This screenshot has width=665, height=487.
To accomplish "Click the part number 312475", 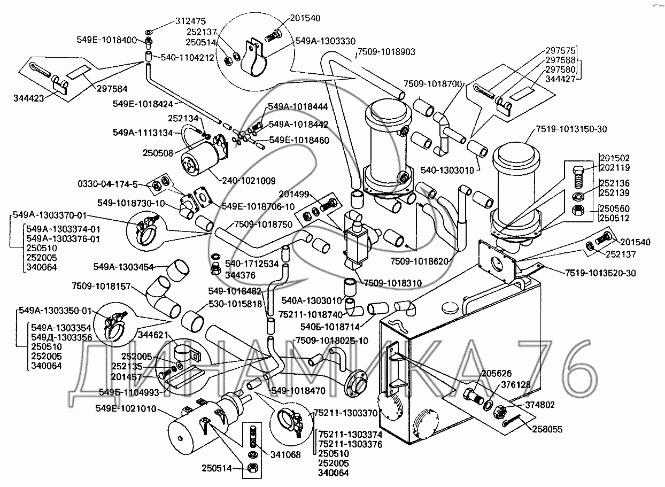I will pyautogui.click(x=191, y=21).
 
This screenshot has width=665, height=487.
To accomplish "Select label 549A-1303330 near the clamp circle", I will pyautogui.click(x=326, y=41).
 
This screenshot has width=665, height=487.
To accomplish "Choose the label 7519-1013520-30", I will pyautogui.click(x=600, y=273).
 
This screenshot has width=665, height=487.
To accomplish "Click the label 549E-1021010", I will pyautogui.click(x=126, y=409).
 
